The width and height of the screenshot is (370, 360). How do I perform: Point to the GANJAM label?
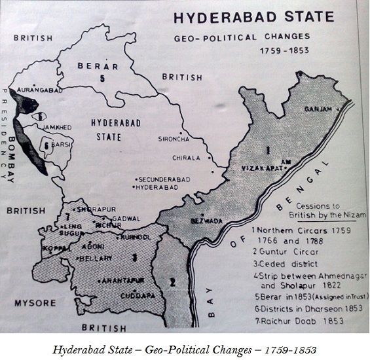pos(317,109)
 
